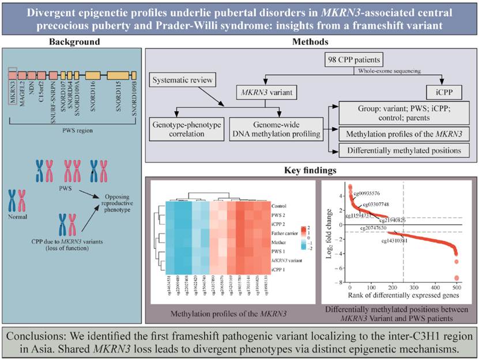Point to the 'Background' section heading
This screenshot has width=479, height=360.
tap(74, 42)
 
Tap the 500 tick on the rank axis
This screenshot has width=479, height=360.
tap(457, 287)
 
